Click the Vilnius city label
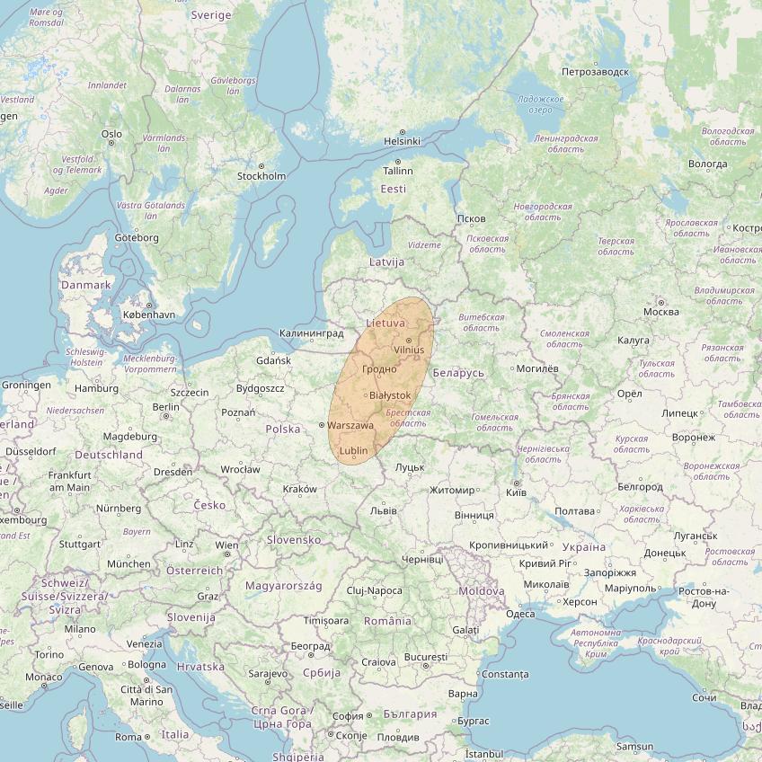click(x=408, y=350)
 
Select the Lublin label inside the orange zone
click(x=354, y=450)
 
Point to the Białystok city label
click(x=390, y=395)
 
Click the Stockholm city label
click(x=261, y=176)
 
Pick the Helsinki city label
click(x=402, y=141)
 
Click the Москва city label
click(x=660, y=312)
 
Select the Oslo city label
click(x=111, y=134)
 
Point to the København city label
click(x=149, y=315)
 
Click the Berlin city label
click(x=166, y=406)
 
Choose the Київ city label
click(x=517, y=493)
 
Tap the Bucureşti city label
click(x=426, y=657)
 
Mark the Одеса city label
click(x=520, y=615)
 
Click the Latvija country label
click(x=386, y=262)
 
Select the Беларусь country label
click(x=457, y=373)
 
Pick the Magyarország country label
click(x=284, y=586)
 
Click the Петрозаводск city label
click(x=594, y=71)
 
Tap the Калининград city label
click(x=312, y=333)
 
